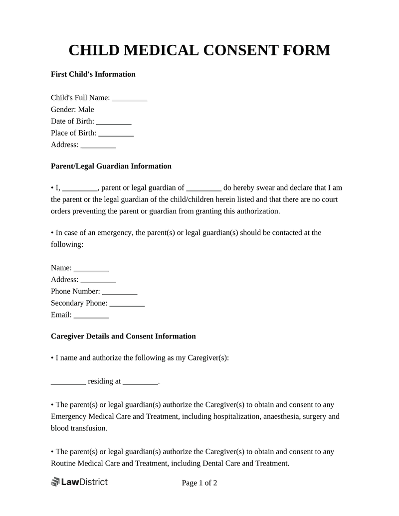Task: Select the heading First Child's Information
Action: point(93,74)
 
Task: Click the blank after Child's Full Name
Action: point(130,98)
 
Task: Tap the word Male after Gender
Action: point(86,110)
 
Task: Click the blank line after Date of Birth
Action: point(114,122)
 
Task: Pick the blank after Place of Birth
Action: point(116,133)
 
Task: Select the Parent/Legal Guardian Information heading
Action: point(111,166)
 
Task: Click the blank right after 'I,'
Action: point(80,188)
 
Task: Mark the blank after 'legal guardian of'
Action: point(204,188)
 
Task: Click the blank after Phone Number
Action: point(120,292)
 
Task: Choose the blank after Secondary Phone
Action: point(127,303)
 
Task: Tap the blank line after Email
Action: point(91,315)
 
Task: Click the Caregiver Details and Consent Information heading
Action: point(123,337)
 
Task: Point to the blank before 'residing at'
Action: point(68,382)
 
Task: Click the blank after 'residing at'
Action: point(140,382)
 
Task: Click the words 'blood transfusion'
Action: point(78,428)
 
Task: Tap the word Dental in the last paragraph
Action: point(214,463)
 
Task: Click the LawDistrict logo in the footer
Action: point(79,482)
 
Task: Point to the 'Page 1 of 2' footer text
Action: point(199,483)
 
